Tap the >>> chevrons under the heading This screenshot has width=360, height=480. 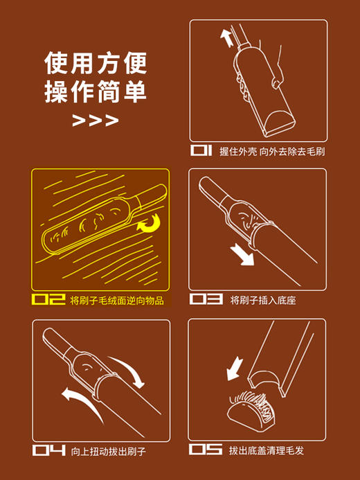tap(96, 121)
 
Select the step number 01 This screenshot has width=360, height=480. tap(203, 150)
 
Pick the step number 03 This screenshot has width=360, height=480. tap(206, 300)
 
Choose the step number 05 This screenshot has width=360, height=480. tap(206, 450)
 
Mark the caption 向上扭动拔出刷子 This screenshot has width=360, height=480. tap(109, 451)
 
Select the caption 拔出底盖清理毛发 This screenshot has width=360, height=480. tap(267, 451)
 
